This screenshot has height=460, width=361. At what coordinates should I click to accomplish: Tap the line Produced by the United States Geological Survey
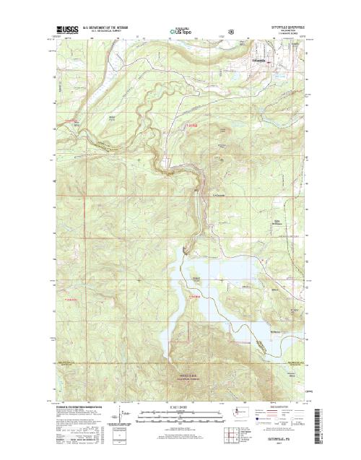(79, 408)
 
